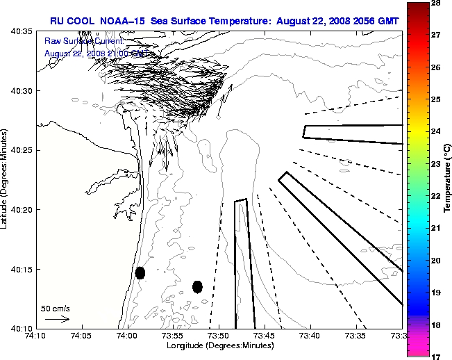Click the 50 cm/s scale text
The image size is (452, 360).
pos(56,308)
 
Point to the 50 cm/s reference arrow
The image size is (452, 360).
pos(57,319)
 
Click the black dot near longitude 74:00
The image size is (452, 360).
pos(140,272)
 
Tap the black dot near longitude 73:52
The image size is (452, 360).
pos(197,286)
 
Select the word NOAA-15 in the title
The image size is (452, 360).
pos(131,21)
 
